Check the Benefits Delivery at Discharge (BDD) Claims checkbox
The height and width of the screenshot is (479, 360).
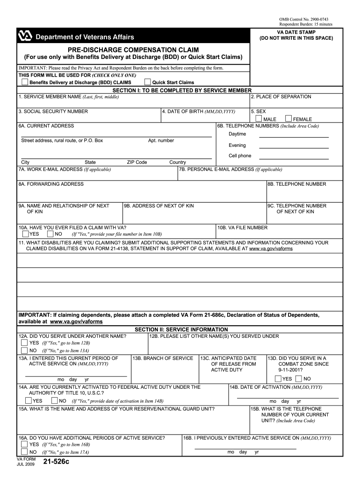25,82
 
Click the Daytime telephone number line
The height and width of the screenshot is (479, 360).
294,137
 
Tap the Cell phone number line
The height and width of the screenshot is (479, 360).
294,158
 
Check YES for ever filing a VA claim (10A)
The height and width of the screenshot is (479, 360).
24,233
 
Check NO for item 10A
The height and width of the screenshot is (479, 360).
50,233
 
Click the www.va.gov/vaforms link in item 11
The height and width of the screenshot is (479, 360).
271,249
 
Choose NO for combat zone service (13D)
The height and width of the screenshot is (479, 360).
299,378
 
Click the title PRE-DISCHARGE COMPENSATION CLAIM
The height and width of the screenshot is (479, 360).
133,50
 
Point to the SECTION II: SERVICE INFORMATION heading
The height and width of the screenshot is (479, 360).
181,329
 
